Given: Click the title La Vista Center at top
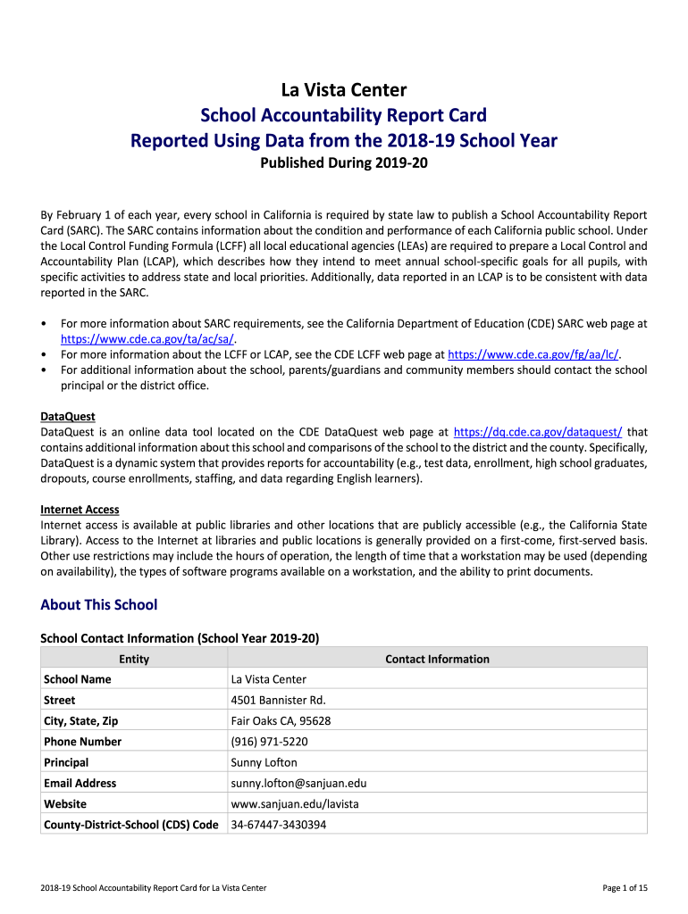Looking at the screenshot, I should click(344, 90).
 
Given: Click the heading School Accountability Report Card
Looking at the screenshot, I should click(344, 115).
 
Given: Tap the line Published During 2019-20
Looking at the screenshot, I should click(344, 164).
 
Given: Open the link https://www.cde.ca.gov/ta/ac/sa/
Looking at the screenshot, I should click(147, 339).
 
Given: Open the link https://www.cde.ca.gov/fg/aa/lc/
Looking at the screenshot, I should click(533, 354).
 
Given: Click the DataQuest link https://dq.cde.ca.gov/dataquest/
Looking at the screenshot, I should click(538, 431).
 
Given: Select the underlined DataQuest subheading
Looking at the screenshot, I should click(68, 417).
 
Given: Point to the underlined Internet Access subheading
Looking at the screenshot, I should click(80, 510).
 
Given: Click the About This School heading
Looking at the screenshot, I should click(98, 605).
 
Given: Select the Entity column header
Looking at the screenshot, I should click(134, 660).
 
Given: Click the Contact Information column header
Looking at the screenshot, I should click(437, 660).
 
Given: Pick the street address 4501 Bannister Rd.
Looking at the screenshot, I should click(278, 701).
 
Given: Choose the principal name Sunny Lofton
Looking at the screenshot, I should click(264, 762).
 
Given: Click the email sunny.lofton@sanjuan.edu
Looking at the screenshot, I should click(298, 783).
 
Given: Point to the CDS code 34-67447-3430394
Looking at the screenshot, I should click(278, 825).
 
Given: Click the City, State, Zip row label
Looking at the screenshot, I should click(80, 721).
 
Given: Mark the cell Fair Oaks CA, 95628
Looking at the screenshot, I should click(281, 721).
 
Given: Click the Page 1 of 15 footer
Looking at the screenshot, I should click(625, 887).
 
